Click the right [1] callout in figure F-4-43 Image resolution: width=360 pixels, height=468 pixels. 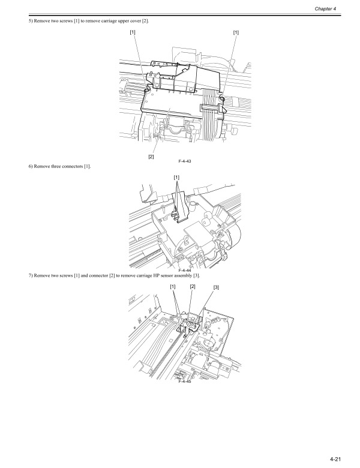click(236, 32)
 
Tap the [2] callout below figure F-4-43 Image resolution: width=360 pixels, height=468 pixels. click(151, 157)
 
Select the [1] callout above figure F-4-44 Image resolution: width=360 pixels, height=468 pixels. click(176, 177)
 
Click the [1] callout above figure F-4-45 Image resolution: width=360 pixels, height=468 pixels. click(173, 287)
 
